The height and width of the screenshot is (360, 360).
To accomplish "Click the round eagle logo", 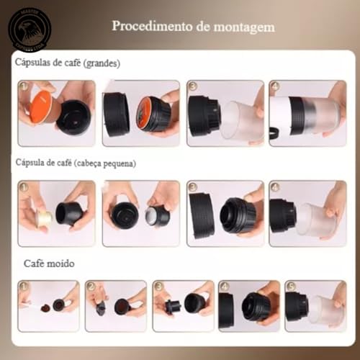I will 29,30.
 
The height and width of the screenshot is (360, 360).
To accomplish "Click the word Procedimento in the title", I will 145,27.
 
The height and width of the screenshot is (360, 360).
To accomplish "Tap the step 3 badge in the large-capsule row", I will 193,86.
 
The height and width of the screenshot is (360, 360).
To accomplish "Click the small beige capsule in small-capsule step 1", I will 43,217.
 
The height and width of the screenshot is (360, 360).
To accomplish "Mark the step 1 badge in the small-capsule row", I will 24,186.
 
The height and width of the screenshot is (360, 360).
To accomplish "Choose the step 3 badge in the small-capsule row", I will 193,186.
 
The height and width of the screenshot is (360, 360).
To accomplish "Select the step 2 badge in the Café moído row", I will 91,286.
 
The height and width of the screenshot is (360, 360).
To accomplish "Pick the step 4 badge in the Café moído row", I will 225,286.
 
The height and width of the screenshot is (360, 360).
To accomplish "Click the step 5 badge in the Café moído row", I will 291,286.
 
